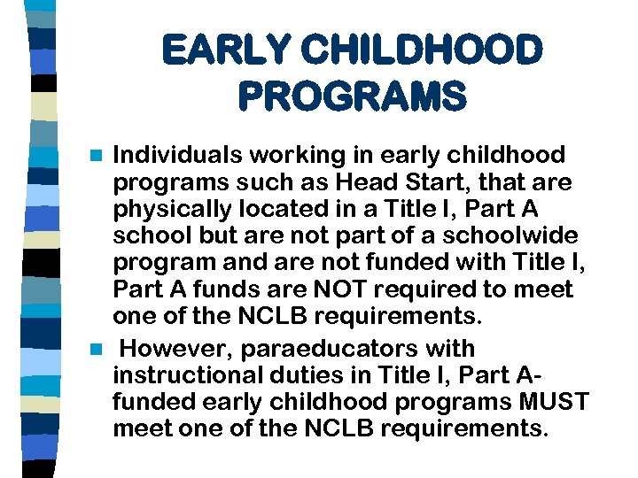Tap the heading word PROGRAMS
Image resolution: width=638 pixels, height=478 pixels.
coord(351,96)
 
